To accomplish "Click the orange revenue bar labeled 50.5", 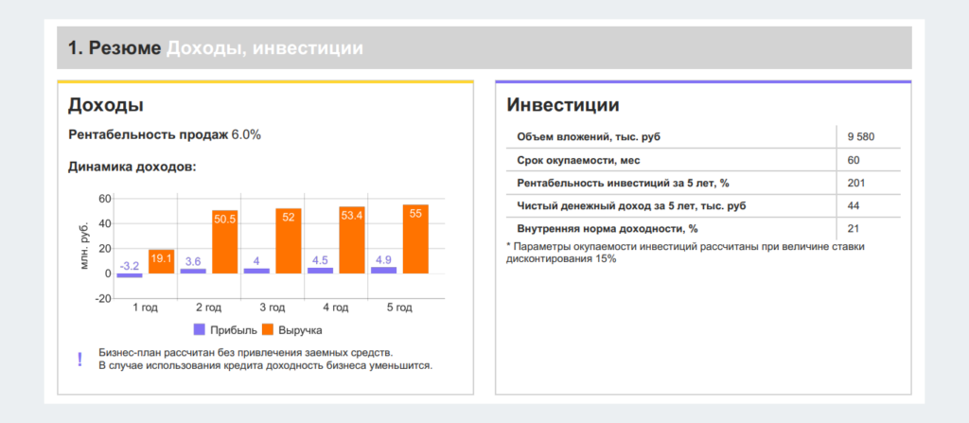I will pos(225,242).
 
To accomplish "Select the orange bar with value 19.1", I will pos(162,261).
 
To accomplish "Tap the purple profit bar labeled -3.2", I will pos(130,275).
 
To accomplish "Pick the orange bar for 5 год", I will pos(415,239).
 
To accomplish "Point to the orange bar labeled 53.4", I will pos(352,241).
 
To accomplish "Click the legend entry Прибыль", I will pos(221,330).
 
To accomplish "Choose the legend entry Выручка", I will pos(291,330).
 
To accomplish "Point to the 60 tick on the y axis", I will pos(105,199).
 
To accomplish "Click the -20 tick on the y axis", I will pos(103,298).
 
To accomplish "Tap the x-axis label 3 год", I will pos(273,308).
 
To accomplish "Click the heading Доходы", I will pos(105,105).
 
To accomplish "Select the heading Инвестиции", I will pos(563,105).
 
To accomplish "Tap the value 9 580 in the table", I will pos(861,137).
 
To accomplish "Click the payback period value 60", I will pos(854,160).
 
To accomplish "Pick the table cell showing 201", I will pos(856,183).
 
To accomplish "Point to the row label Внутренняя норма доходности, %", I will pos(607,228).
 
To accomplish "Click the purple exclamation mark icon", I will pos(79,359).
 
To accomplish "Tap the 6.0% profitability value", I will pos(246,134).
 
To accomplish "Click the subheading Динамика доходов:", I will pos(132,167).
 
